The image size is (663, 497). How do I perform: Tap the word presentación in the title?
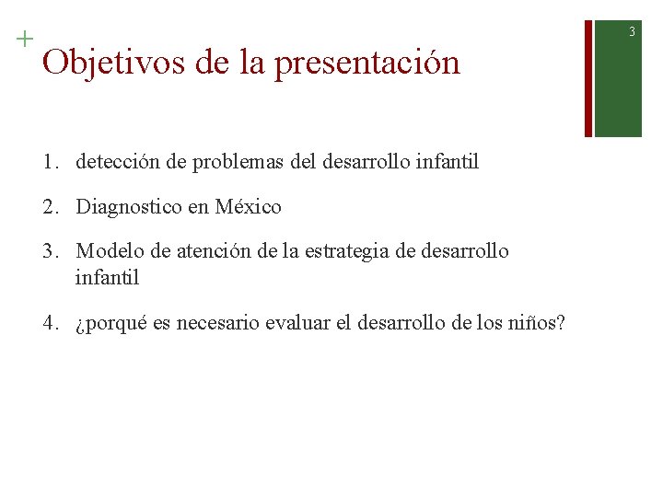pos(366,64)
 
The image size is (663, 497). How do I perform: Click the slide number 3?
pos(633,32)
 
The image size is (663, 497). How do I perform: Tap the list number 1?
pos(48,163)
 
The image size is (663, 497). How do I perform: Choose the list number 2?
pos(48,207)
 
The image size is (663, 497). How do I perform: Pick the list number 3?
pos(48,251)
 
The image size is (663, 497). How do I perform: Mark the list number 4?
pos(48,323)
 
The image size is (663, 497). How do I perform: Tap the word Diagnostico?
pos(129,207)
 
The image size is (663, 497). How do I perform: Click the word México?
pos(249,207)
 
